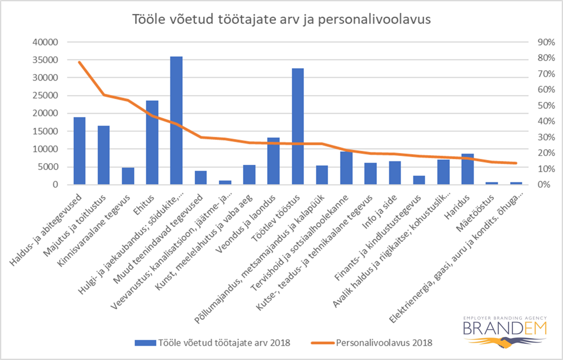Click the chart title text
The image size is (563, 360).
click(281, 19)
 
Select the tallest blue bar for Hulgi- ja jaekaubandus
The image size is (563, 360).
click(176, 120)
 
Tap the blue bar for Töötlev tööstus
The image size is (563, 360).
click(298, 127)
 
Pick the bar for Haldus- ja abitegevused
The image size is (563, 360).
click(79, 151)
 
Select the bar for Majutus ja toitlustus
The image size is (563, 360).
click(103, 155)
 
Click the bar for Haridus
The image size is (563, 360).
click(467, 169)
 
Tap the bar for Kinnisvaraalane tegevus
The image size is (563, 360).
click(128, 176)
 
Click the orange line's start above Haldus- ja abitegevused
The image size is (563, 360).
click(79, 62)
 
